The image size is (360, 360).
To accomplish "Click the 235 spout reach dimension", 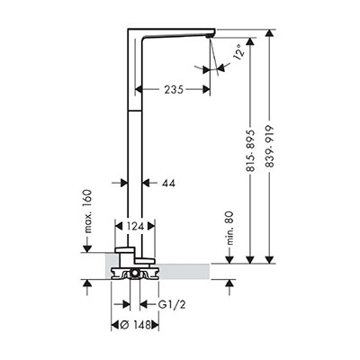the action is [174, 89].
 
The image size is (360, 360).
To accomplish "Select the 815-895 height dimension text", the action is [250, 150].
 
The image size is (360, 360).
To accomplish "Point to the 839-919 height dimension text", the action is [270, 146].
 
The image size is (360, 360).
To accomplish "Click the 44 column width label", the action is [168, 183].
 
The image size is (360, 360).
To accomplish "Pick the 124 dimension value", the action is [135, 227].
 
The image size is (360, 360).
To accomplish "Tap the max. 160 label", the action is [87, 211].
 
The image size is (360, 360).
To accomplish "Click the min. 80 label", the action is [229, 229].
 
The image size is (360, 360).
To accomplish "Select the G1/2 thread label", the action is [172, 305].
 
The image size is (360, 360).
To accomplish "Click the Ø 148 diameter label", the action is [135, 325].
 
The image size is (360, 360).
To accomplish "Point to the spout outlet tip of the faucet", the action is [210, 36].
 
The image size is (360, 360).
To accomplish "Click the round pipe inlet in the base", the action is [135, 274].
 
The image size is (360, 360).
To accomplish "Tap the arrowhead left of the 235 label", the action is [139, 89].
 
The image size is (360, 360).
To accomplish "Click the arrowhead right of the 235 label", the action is [206, 89].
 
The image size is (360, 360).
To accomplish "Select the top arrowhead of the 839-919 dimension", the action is [270, 33].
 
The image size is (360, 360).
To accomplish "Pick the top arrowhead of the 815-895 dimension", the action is [250, 41].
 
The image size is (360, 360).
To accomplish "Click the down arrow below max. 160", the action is [87, 248].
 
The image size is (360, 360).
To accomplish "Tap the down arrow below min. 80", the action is [229, 260].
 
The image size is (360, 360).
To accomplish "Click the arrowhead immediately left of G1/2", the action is [144, 304].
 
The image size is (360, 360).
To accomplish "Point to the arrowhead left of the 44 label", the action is [124, 183].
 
